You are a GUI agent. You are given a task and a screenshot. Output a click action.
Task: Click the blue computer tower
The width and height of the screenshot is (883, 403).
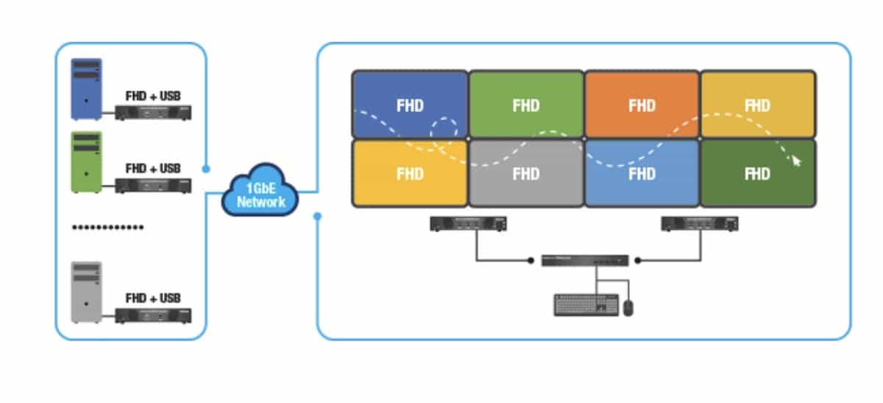86,88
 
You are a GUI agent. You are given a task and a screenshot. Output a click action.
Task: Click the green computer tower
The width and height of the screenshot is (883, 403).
86,162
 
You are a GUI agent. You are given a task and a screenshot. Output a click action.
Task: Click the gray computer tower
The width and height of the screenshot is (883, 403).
86,292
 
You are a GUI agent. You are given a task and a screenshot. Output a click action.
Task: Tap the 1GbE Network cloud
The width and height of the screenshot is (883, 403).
260,193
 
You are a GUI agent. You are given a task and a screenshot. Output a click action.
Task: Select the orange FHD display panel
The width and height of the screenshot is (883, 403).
642,105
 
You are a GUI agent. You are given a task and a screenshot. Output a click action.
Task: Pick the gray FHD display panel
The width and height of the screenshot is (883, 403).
525,174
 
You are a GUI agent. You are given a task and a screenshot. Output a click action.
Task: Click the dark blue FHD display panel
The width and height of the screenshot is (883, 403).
409,105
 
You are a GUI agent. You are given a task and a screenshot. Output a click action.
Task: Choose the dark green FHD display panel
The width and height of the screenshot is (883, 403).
757,174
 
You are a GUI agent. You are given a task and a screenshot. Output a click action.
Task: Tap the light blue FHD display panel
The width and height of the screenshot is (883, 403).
642,174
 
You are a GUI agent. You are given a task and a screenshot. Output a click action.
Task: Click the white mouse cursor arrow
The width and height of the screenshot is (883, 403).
795,160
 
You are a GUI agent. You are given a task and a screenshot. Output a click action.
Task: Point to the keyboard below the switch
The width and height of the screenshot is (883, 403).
586,305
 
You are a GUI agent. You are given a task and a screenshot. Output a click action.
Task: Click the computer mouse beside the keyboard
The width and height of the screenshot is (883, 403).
628,307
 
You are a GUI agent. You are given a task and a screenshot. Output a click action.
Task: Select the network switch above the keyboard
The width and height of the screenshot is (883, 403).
585,260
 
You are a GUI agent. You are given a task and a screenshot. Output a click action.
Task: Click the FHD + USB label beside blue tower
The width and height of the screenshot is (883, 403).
153,96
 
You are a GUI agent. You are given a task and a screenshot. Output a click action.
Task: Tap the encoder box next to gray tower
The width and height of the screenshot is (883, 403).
153,315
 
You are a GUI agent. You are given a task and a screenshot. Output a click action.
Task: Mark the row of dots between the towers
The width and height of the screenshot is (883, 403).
107,227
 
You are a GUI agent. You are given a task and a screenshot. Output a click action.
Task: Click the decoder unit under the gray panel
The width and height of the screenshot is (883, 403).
468,224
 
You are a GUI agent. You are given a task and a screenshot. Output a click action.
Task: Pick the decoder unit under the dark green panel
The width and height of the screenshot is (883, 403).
700,224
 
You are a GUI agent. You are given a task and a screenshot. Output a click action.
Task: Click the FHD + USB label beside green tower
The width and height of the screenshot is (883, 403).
153,169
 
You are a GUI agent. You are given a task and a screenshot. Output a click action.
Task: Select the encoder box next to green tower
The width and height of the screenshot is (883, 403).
153,186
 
